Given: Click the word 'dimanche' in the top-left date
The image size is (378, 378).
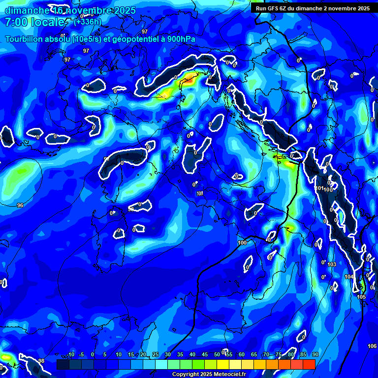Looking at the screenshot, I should coord(27,10).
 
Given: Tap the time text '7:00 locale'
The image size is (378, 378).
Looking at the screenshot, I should coord(35,22).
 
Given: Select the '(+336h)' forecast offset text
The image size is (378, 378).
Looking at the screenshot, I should coord(88,22).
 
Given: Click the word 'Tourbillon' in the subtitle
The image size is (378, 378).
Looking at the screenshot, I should coord(28,39).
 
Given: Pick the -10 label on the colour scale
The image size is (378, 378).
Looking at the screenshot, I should coord(71,355).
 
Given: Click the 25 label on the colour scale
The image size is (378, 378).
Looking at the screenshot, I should coord(155,355).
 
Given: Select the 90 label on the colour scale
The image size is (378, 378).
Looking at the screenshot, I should coord(315,355).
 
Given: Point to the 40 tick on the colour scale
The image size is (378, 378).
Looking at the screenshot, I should coord(192,355).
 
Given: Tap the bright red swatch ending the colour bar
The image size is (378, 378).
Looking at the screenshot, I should coord(309,364).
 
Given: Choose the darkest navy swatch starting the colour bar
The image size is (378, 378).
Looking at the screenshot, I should coord(63,364).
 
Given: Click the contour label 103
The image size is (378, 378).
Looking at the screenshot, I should coord(332,265).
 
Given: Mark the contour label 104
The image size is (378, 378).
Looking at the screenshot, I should coord(349,277).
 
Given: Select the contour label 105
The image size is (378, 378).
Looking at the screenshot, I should coord(361,297).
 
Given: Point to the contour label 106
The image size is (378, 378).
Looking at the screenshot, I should coord(372,346).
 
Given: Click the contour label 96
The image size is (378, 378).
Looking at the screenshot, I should coord(20,205).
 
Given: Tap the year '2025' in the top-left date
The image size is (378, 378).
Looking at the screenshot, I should coord(115,10).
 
